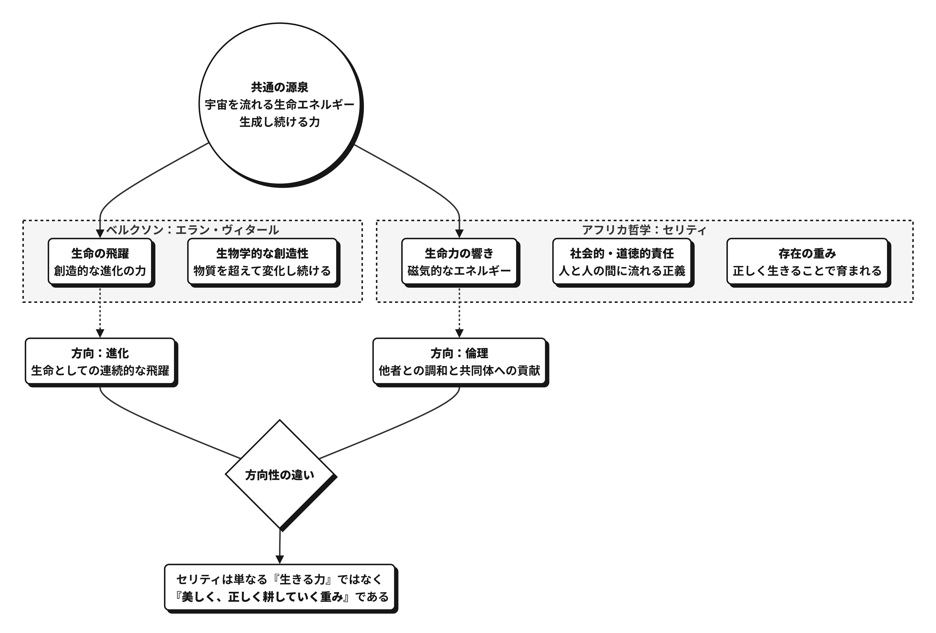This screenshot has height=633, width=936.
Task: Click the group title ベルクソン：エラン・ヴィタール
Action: point(193,230)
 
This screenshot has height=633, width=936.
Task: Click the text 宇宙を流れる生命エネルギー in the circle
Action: point(279,105)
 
